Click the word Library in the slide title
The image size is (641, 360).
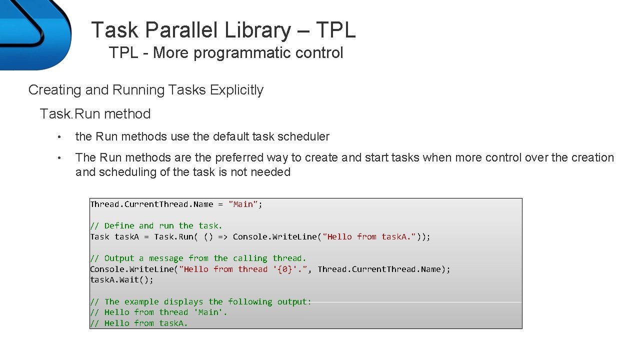[257, 30]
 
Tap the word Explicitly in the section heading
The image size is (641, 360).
[236, 90]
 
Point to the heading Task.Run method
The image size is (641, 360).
[95, 114]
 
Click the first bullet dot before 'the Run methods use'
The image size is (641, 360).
[59, 137]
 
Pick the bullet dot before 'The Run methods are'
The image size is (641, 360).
[59, 158]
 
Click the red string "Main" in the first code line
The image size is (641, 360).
[243, 204]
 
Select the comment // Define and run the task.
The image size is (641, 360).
[156, 225]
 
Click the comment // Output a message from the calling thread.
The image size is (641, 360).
[198, 258]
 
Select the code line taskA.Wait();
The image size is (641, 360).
[121, 279]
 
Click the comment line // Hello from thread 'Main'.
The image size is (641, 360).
[158, 312]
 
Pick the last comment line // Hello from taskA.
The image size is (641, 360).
[139, 323]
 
